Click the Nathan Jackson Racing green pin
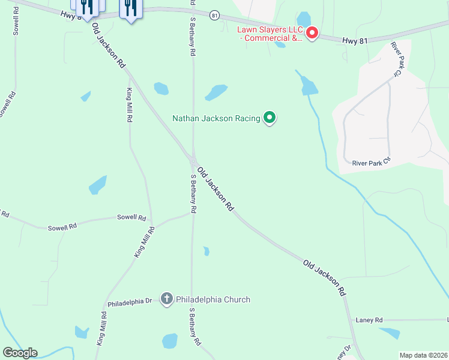click(270, 118)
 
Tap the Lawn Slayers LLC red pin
click(312, 32)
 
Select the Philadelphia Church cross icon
click(167, 299)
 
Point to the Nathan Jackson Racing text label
click(216, 118)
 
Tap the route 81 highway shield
click(214, 15)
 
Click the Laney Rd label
click(369, 320)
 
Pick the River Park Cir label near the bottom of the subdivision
click(371, 163)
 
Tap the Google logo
click(20, 353)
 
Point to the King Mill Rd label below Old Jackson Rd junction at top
click(129, 105)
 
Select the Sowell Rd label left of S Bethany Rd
click(131, 217)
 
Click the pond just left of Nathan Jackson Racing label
click(216, 92)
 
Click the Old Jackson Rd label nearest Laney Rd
click(325, 277)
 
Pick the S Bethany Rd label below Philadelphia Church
click(194, 328)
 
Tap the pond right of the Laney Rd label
click(390, 333)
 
